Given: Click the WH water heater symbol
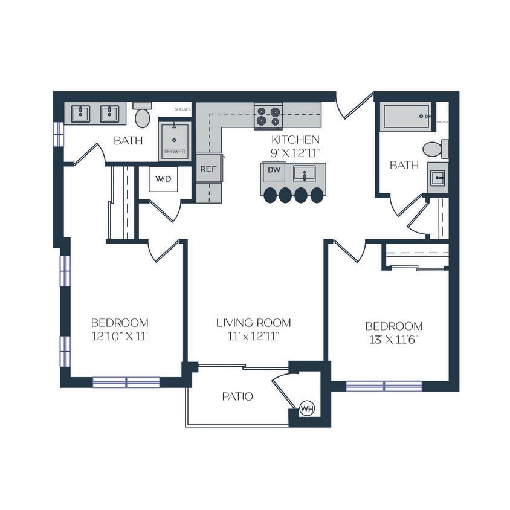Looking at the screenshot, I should (308, 409).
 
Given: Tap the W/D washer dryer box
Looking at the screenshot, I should (164, 179).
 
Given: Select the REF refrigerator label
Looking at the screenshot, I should (208, 169).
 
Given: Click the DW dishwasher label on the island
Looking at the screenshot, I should (274, 170).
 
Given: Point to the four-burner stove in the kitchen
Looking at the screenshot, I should (268, 115).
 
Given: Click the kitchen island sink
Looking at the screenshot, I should (305, 174).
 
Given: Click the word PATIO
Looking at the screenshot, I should (237, 397).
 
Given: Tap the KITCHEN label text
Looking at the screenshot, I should (295, 140).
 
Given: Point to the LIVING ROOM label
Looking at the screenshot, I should (254, 323).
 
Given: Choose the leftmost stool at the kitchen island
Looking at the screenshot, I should (270, 195).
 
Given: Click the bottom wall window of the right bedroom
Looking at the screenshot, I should (384, 386).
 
